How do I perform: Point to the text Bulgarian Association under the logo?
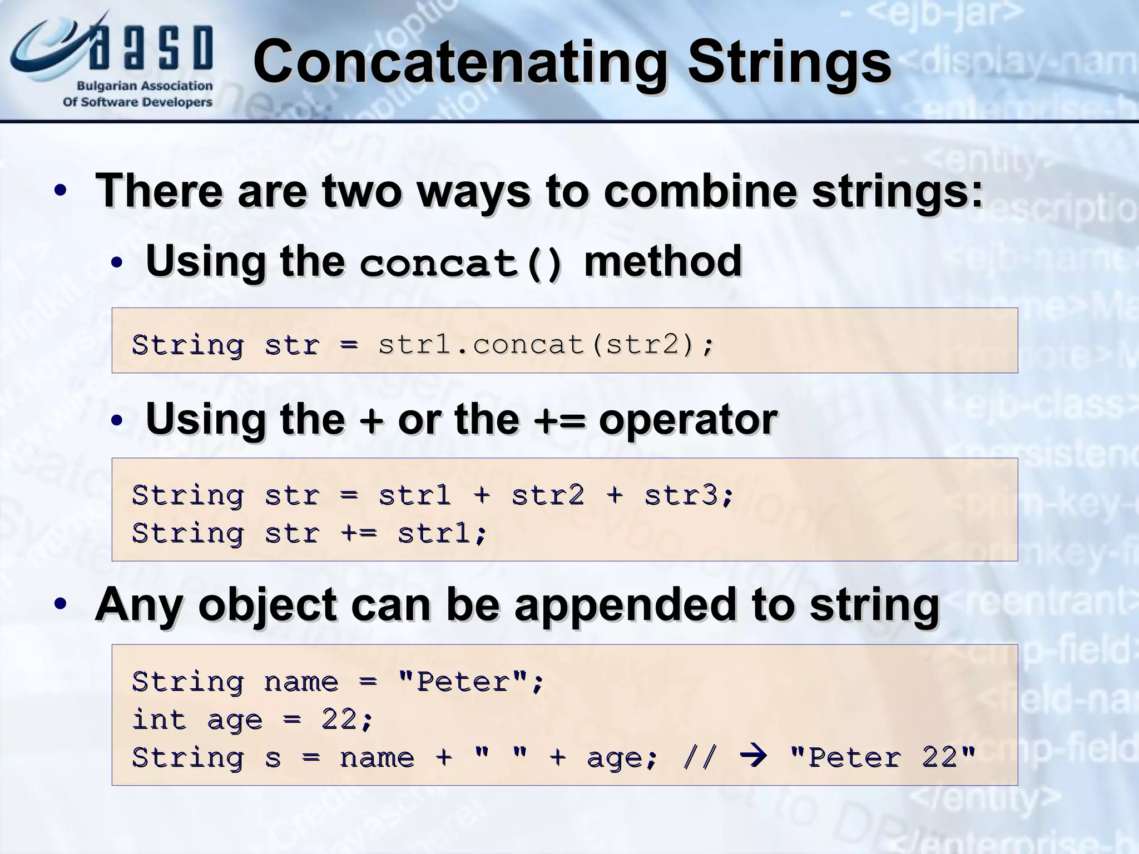point(145,86)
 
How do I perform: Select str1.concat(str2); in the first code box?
point(545,345)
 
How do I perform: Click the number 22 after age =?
point(339,720)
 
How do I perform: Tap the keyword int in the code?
point(159,720)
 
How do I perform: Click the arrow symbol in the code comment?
point(754,757)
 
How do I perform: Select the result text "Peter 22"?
point(883,757)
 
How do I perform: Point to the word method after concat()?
point(663,261)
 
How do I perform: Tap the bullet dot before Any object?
point(61,605)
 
